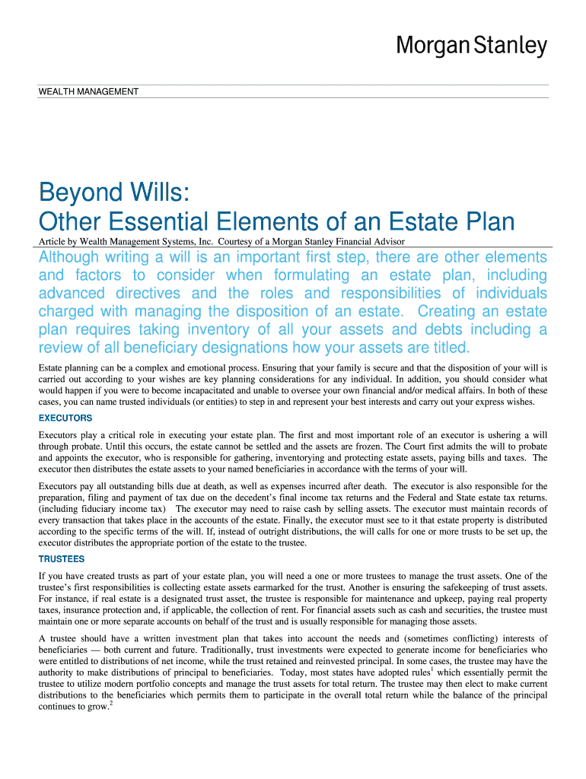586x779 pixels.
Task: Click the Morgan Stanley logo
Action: click(470, 46)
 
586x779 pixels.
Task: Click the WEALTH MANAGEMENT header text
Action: click(88, 92)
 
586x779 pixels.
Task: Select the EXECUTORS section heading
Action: click(65, 418)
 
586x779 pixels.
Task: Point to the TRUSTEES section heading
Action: click(62, 558)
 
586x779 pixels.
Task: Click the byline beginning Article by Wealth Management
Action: click(221, 241)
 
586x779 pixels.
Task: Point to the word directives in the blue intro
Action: click(149, 294)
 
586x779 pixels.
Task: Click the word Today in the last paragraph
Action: click(294, 673)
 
